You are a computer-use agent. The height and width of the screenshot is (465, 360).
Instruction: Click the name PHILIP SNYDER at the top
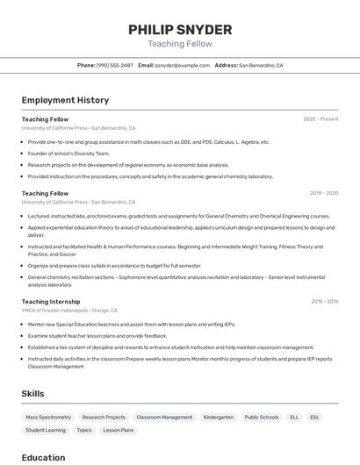(x=180, y=29)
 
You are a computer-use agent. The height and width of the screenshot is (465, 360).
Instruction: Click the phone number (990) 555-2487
(x=115, y=65)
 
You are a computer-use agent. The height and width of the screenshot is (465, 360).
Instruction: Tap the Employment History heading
(x=65, y=100)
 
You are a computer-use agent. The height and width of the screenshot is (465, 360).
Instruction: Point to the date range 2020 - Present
(x=320, y=118)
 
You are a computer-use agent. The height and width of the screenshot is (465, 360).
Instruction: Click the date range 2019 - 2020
(x=324, y=193)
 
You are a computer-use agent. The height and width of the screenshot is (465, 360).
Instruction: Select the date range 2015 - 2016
(x=324, y=301)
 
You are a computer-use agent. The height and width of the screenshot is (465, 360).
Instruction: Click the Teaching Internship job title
(x=51, y=301)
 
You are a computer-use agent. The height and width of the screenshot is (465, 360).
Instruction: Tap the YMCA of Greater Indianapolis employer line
(x=69, y=310)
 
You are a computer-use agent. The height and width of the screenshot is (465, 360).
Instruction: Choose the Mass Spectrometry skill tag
(x=48, y=418)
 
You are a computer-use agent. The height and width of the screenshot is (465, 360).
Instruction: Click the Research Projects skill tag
(x=104, y=418)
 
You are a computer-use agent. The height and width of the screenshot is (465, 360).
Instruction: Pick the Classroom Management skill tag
(x=164, y=418)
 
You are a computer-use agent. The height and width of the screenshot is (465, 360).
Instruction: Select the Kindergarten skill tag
(x=218, y=418)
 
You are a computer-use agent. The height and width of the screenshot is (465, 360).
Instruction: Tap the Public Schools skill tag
(x=262, y=418)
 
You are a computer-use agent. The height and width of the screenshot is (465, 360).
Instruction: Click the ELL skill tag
(x=294, y=418)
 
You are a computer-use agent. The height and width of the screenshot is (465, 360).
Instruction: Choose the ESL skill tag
(x=315, y=418)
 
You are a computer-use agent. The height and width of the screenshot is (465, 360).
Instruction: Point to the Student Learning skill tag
(x=46, y=431)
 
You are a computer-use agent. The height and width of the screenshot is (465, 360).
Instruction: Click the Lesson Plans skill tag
(x=118, y=431)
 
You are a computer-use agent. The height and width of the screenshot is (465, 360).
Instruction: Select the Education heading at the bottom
(x=44, y=457)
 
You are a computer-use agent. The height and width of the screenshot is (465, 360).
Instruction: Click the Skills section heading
(x=33, y=394)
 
